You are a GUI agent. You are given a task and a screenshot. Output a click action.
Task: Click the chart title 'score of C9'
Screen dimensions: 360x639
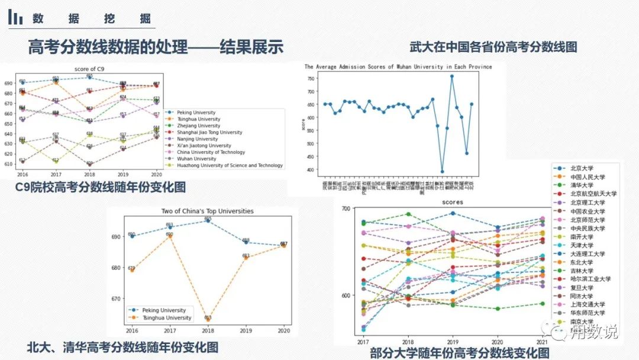click(90, 70)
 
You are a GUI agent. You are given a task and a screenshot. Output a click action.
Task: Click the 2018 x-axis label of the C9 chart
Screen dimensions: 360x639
click(90, 175)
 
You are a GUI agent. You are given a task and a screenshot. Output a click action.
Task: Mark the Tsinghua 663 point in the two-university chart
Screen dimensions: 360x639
click(208, 318)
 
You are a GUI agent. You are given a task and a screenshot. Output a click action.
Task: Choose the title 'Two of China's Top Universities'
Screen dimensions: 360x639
click(207, 211)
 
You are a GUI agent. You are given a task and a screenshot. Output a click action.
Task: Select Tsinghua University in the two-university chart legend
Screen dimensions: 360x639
click(160, 318)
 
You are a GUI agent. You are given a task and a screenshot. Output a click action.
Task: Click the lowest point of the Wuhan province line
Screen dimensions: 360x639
click(442, 172)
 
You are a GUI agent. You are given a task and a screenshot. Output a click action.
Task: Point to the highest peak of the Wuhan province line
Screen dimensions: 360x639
click(452, 76)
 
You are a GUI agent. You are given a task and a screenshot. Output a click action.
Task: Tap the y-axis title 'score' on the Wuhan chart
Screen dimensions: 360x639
click(304, 124)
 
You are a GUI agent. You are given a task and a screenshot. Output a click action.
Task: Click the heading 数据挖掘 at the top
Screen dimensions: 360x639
click(92, 18)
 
